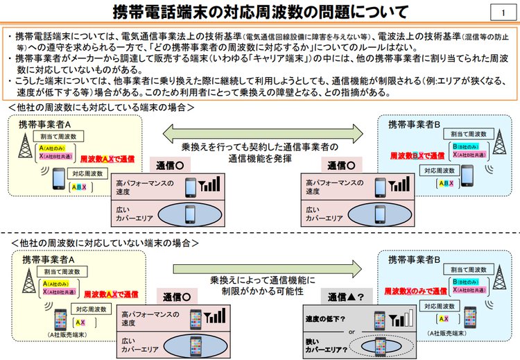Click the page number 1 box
(501, 12)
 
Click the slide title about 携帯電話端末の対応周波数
(260, 12)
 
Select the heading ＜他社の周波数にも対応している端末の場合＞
(101, 108)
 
